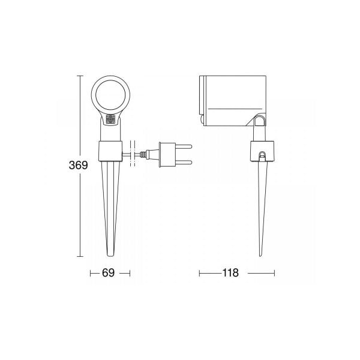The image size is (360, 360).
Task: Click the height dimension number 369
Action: click(x=78, y=165)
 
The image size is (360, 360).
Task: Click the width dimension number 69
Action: click(x=109, y=273)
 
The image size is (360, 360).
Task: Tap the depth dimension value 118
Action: click(x=230, y=273)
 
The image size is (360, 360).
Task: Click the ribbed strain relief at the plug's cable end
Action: click(x=144, y=154)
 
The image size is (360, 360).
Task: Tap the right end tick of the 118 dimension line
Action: click(x=275, y=273)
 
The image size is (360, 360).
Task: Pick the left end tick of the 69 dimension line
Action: click(x=91, y=273)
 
